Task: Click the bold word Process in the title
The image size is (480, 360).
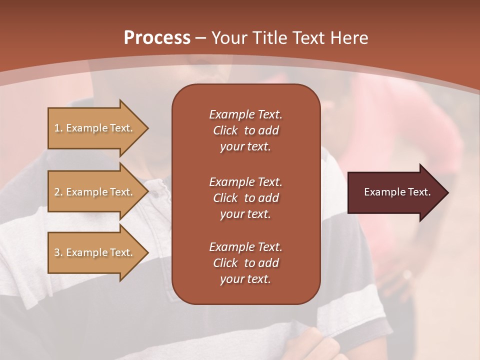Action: tap(157, 38)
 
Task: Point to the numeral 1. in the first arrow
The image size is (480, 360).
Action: tap(58, 128)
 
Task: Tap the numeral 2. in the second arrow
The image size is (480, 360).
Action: tap(58, 192)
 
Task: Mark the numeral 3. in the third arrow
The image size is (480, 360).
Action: tap(58, 252)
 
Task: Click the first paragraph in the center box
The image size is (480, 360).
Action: tap(245, 130)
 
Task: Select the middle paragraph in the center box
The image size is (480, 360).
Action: tap(245, 198)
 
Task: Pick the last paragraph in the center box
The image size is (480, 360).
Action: tap(245, 263)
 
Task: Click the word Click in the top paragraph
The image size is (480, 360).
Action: tap(225, 130)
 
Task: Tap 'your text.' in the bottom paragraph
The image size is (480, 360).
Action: tap(245, 279)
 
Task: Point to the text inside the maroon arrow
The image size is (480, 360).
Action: tap(397, 192)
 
